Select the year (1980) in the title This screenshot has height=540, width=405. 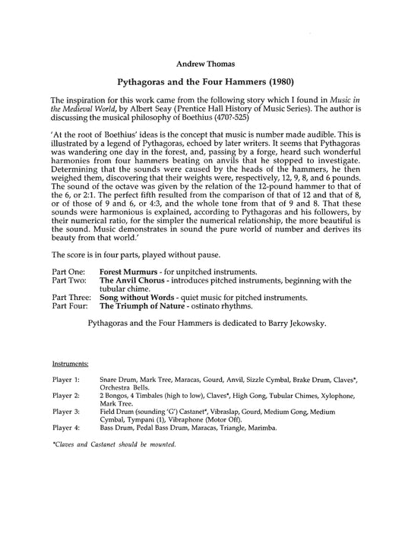point(273,78)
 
